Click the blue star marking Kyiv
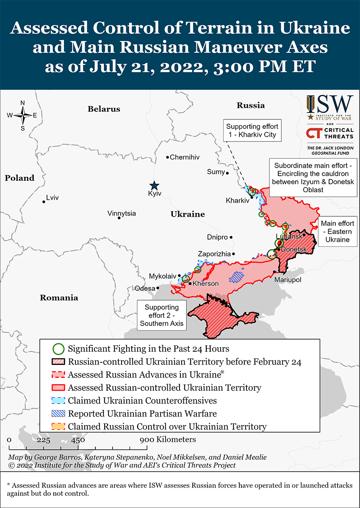(x=155, y=185)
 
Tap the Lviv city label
(x=53, y=197)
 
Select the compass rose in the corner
(x=22, y=115)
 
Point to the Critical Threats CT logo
(x=314, y=133)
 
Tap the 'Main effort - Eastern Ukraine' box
(x=337, y=231)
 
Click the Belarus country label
(x=104, y=109)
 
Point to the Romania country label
(x=59, y=298)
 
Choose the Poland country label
(x=19, y=178)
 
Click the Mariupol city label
(x=288, y=280)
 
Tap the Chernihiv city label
(x=184, y=157)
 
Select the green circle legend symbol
(x=59, y=349)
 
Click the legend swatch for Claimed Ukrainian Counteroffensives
(x=59, y=400)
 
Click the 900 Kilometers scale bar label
(x=169, y=439)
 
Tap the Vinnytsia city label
(x=122, y=213)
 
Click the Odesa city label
(x=144, y=288)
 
